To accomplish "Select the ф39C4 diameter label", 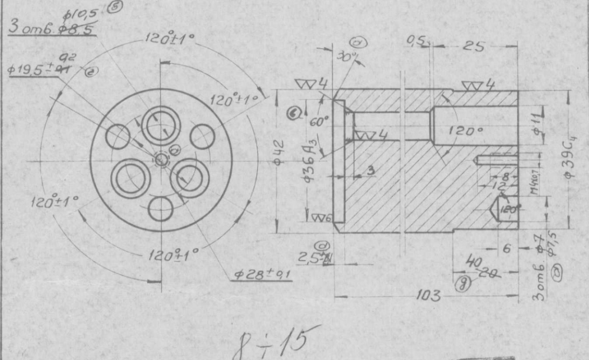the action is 570,157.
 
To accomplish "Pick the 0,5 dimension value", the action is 416,40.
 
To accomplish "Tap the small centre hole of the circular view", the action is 161,159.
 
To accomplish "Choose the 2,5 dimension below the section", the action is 310,257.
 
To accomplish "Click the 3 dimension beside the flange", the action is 370,171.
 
